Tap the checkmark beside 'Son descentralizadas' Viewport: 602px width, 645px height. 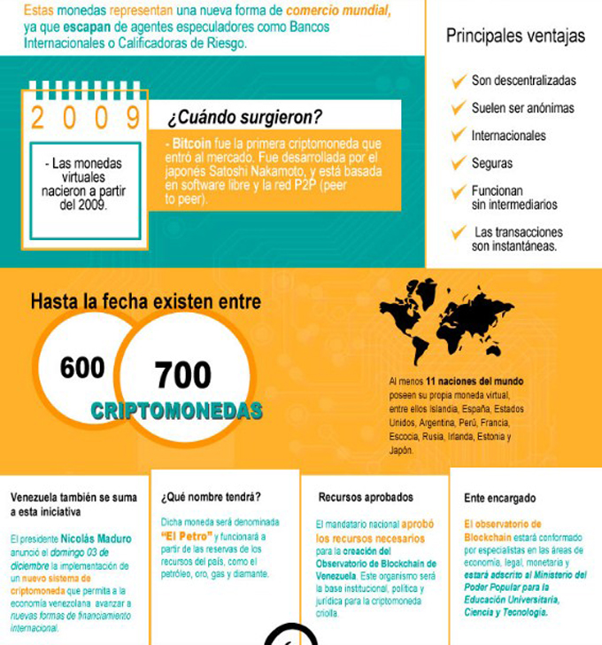pyautogui.click(x=459, y=81)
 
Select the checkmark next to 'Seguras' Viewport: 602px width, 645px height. pyautogui.click(x=459, y=163)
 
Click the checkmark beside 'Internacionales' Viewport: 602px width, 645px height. pyautogui.click(x=459, y=136)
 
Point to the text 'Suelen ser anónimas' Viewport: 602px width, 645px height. pyautogui.click(x=522, y=108)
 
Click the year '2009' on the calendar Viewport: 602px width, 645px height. pyautogui.click(x=86, y=116)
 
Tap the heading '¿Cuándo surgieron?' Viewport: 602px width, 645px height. pyautogui.click(x=244, y=117)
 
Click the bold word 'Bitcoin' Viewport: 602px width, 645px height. pyautogui.click(x=191, y=144)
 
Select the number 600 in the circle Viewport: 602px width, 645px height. pyautogui.click(x=82, y=368)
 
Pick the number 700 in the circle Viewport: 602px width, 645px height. pyautogui.click(x=182, y=376)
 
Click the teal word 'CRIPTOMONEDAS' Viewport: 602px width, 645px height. pyautogui.click(x=176, y=411)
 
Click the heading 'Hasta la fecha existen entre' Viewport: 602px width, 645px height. pyautogui.click(x=145, y=302)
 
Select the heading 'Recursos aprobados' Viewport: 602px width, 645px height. pyautogui.click(x=366, y=497)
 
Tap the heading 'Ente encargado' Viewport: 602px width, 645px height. pyautogui.click(x=499, y=498)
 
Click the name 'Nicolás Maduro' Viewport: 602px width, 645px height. pyautogui.click(x=96, y=539)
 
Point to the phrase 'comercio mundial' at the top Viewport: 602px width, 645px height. pyautogui.click(x=336, y=12)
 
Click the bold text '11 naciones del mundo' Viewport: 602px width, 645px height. pyautogui.click(x=475, y=381)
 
